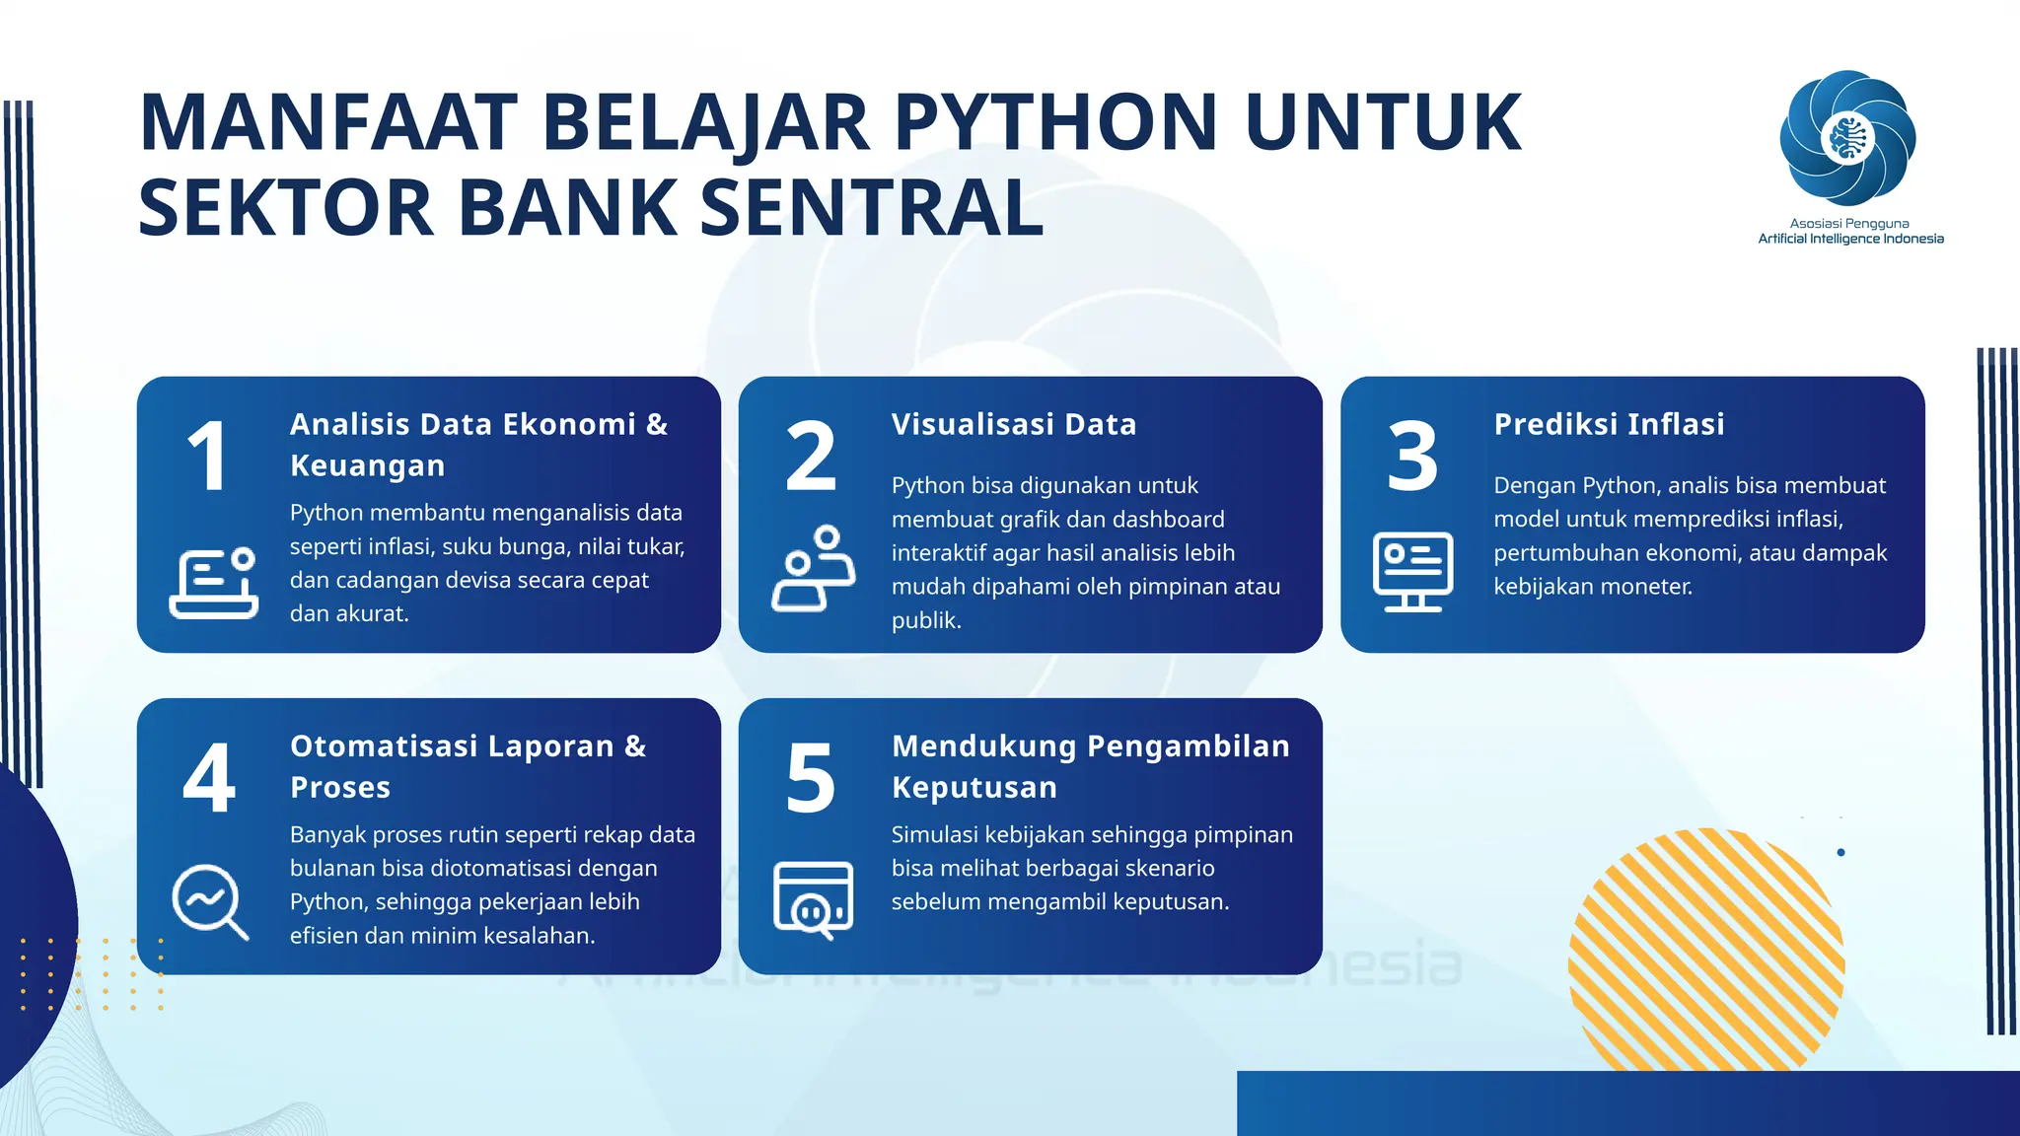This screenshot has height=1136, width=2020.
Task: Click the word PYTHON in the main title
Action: pyautogui.click(x=1055, y=122)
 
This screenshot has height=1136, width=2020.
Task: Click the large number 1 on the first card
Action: pyautogui.click(x=208, y=456)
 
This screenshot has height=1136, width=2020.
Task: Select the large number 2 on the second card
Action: pyautogui.click(x=811, y=456)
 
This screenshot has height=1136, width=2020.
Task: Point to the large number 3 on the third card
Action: pyautogui.click(x=1412, y=456)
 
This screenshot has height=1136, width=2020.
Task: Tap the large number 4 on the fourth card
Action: pyautogui.click(x=209, y=778)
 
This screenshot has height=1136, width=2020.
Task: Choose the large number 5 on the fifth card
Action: pyautogui.click(x=811, y=778)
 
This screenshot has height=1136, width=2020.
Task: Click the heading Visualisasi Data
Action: pyautogui.click(x=1014, y=424)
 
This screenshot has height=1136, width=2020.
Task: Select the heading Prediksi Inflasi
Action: pyautogui.click(x=1609, y=424)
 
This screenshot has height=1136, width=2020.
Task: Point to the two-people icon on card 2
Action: pyautogui.click(x=814, y=569)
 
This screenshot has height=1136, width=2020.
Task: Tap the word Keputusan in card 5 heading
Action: pyautogui.click(x=974, y=787)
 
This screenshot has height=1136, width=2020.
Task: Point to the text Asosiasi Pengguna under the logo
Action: pyautogui.click(x=1849, y=224)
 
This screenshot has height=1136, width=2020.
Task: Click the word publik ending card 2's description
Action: pyautogui.click(x=924, y=620)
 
